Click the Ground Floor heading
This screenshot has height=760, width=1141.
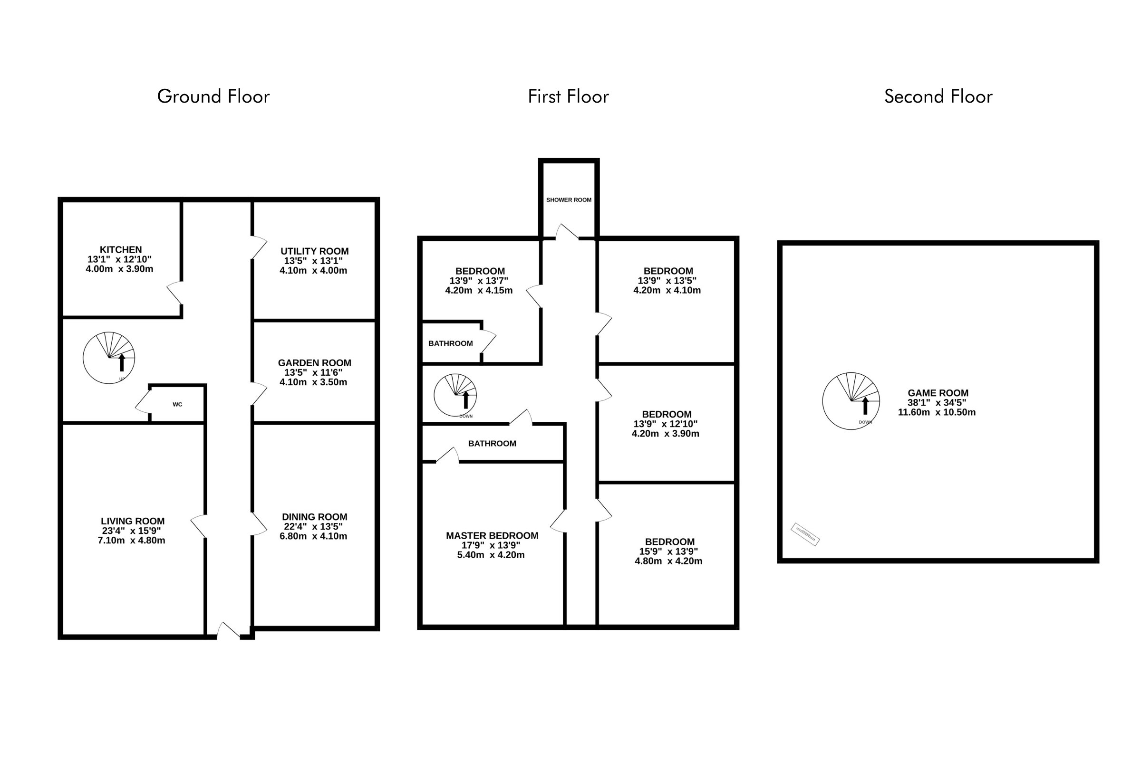pyautogui.click(x=213, y=96)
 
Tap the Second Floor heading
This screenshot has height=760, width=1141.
pyautogui.click(x=938, y=96)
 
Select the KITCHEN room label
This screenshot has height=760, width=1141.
pyautogui.click(x=121, y=250)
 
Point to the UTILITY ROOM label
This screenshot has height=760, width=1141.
pyautogui.click(x=314, y=251)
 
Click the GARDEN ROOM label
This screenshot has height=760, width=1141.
pyautogui.click(x=314, y=362)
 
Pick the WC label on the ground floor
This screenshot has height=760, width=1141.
pyautogui.click(x=177, y=404)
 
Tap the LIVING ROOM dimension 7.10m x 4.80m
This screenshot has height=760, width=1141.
pyautogui.click(x=132, y=541)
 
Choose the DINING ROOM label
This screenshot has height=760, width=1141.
pyautogui.click(x=314, y=517)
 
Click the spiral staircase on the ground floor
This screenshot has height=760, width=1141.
pyautogui.click(x=109, y=358)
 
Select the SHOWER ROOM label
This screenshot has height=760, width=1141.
pyautogui.click(x=569, y=199)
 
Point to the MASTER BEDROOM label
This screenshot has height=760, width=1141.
pyautogui.click(x=492, y=536)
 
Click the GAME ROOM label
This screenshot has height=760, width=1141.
pyautogui.click(x=938, y=393)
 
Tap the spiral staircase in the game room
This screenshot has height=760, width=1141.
pyautogui.click(x=851, y=401)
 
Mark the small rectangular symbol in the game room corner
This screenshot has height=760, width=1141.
pyautogui.click(x=805, y=534)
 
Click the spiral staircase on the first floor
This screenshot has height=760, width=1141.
pyautogui.click(x=455, y=395)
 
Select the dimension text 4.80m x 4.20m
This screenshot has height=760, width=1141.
pyautogui.click(x=668, y=561)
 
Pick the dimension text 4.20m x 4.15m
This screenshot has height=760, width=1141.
pyautogui.click(x=479, y=290)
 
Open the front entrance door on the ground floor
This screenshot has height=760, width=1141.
pyautogui.click(x=228, y=630)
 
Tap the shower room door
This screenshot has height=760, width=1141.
pyautogui.click(x=567, y=232)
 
